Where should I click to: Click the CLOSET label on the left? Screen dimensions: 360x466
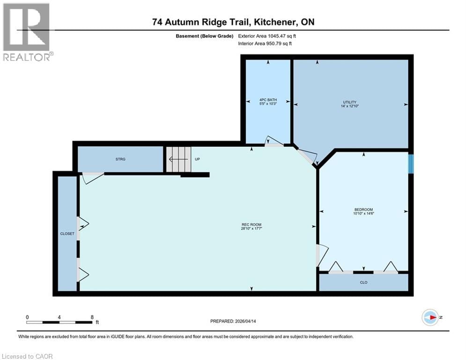[x=67, y=233]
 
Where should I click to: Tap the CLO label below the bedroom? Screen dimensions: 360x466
[x=363, y=282]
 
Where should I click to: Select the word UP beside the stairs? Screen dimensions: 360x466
[x=197, y=159]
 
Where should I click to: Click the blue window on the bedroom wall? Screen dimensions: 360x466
[x=411, y=164]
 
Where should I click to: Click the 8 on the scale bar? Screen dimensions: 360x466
[x=92, y=317]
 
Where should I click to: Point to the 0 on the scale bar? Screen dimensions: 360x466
[x=28, y=317]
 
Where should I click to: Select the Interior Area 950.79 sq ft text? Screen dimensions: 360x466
[x=265, y=44]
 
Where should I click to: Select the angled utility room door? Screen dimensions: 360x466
[x=306, y=156]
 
